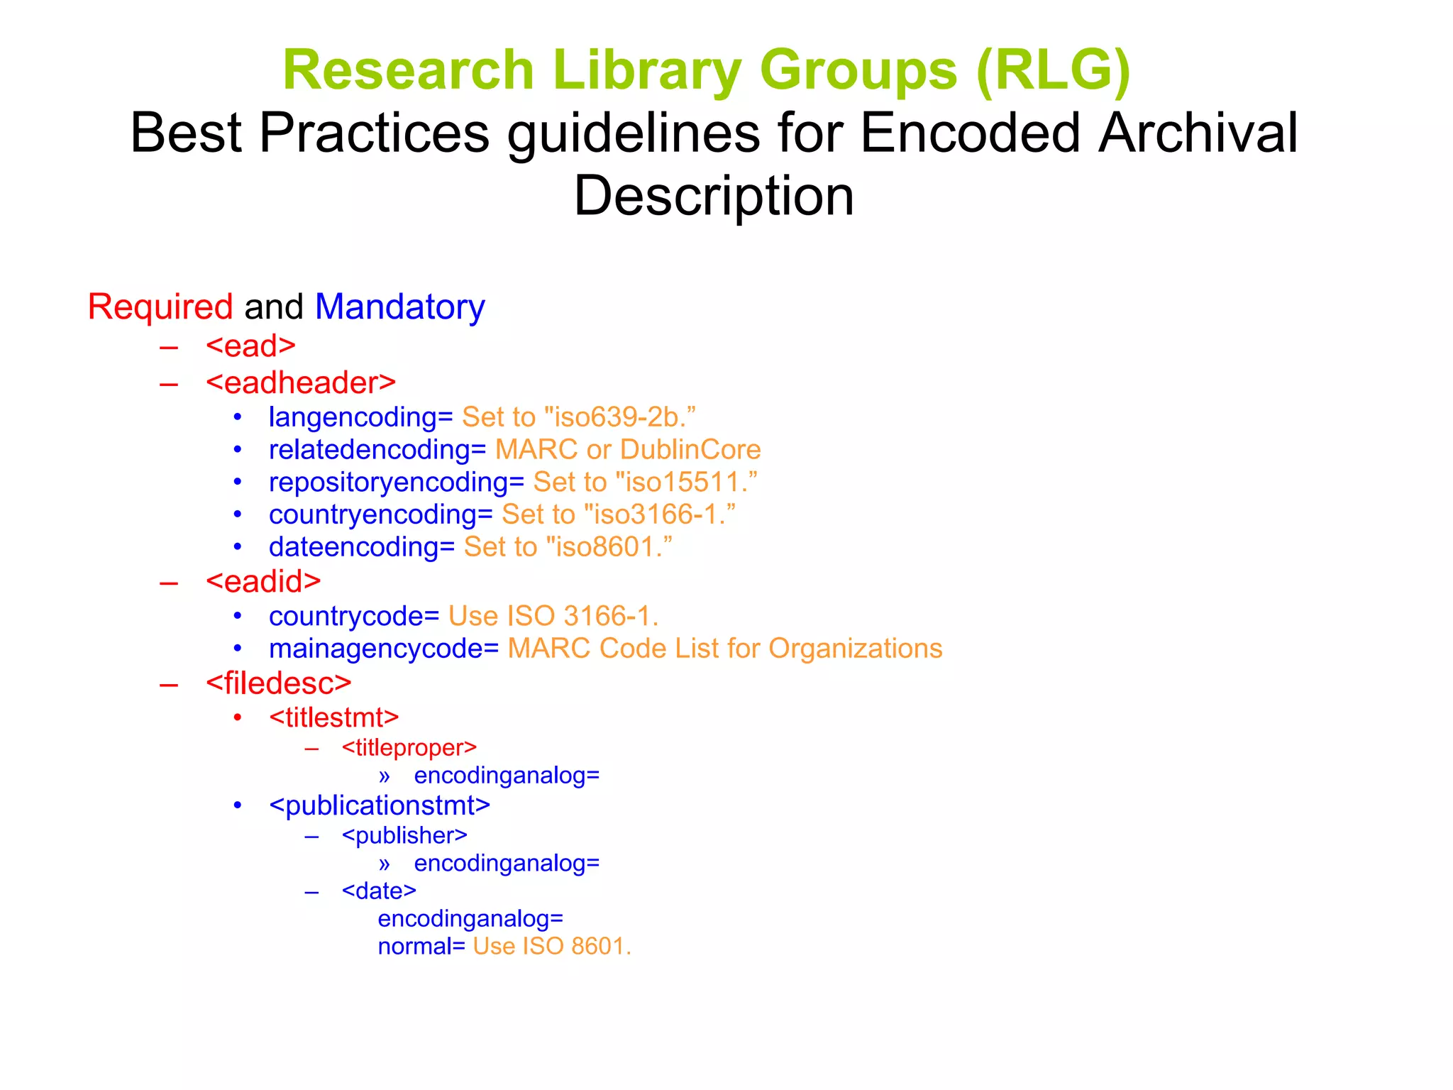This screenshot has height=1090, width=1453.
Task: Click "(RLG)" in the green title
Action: pos(1053,71)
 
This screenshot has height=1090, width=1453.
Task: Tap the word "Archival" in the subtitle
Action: pos(1198,133)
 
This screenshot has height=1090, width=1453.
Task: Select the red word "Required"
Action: pos(160,307)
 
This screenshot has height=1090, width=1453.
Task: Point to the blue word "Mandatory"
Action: pos(399,307)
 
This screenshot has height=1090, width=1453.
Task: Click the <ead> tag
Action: pos(250,346)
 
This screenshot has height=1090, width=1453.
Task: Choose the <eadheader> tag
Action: pos(301,383)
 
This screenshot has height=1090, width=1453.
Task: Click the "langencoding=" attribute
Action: pos(360,417)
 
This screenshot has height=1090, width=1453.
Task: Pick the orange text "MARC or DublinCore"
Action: pos(628,450)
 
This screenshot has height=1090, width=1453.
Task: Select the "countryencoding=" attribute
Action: pos(380,514)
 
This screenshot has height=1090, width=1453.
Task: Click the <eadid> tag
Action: pos(263,582)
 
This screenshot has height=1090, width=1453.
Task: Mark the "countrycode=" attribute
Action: pos(354,616)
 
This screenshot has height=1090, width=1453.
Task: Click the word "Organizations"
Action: pos(856,649)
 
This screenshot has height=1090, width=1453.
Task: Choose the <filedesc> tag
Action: pos(279,683)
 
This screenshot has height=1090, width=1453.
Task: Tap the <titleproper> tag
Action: pos(409,748)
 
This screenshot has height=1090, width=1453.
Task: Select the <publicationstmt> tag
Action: pos(380,805)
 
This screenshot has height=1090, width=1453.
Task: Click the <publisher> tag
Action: pos(404,836)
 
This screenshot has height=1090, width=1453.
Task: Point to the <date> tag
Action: pos(379,891)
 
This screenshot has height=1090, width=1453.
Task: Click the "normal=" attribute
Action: pos(421,947)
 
